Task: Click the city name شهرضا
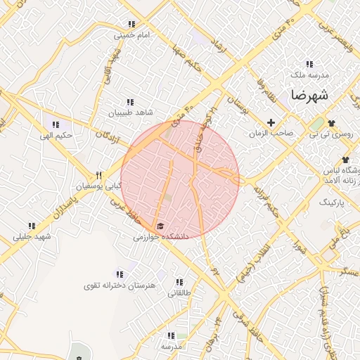(307, 94)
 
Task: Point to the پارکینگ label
(333, 202)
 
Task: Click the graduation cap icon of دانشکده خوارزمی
(161, 226)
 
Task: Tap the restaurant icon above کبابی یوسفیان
(99, 176)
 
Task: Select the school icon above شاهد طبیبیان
(129, 102)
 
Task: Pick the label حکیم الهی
(57, 135)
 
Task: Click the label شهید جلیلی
(32, 236)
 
